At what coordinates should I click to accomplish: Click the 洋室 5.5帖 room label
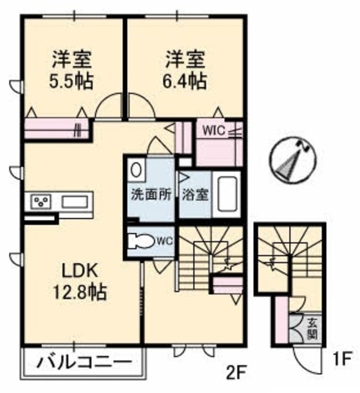point(72,71)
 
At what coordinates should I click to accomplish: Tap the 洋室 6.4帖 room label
point(185,71)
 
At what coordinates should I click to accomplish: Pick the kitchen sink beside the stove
point(75,202)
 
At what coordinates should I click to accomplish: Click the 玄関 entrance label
point(312,328)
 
